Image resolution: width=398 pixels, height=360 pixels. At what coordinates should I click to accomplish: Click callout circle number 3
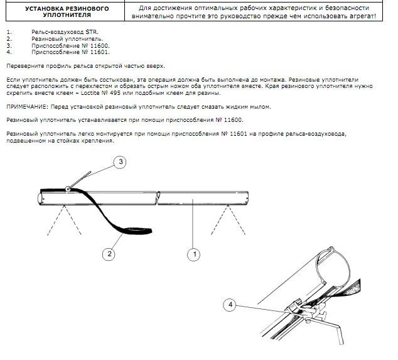[x=120, y=162]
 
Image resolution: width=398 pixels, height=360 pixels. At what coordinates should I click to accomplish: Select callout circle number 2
[x=109, y=254]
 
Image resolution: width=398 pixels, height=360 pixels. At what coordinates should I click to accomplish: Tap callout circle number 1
[x=194, y=254]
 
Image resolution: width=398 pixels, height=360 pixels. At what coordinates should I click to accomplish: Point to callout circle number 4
[x=230, y=305]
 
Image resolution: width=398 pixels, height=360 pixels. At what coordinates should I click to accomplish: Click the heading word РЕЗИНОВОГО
[x=87, y=8]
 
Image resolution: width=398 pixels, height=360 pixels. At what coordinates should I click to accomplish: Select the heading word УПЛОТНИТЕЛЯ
[x=67, y=15]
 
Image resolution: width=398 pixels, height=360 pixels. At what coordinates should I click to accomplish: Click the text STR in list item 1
[x=92, y=32]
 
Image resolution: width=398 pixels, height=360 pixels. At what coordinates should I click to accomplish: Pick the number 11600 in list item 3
[x=100, y=46]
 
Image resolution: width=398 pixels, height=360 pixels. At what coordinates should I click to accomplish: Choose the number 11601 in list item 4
[x=100, y=52]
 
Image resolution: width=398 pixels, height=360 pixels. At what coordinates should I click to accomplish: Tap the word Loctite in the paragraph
[x=90, y=93]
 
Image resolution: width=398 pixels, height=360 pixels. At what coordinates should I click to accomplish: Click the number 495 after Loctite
[x=116, y=93]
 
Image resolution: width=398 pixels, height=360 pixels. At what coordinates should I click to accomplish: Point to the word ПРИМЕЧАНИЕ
[x=27, y=107]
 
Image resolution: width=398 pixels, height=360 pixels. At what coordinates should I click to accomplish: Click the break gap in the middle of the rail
[x=158, y=198]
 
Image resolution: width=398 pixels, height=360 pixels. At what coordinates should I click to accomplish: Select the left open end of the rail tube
[x=40, y=199]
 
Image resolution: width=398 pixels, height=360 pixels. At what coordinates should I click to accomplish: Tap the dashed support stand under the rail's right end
[x=228, y=220]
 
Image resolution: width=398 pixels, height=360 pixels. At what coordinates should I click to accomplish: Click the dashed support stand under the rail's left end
[x=64, y=220]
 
